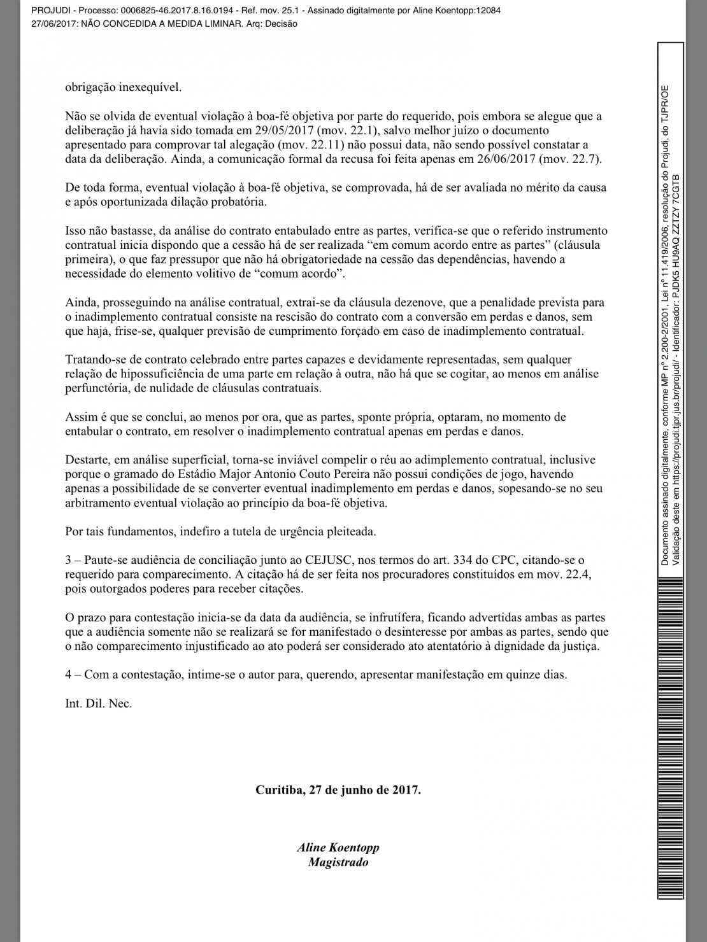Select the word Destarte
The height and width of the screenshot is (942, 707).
(86, 460)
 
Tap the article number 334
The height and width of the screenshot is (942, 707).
(464, 560)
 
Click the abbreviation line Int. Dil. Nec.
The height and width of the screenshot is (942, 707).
(98, 703)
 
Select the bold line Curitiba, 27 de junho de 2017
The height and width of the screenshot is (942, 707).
(338, 790)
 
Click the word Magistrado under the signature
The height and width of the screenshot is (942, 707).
(338, 862)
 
